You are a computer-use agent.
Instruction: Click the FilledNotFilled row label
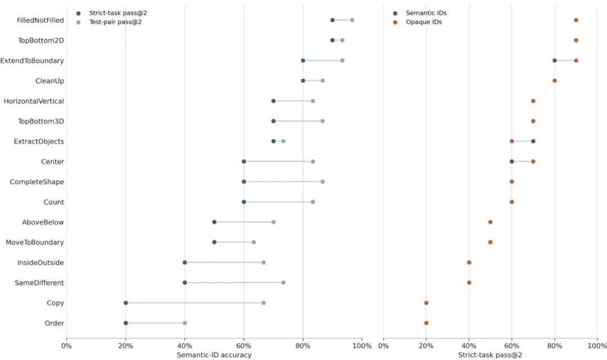coord(40,20)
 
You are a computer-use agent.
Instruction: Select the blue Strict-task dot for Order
coord(125,323)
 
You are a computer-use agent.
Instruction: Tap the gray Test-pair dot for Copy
coord(264,303)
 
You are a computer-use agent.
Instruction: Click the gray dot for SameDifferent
coord(283,282)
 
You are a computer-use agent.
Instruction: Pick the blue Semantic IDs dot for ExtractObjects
coord(533,141)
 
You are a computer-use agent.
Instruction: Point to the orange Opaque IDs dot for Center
coord(533,162)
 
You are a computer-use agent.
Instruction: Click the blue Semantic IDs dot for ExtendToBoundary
coord(554,61)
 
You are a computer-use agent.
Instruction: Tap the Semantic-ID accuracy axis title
coord(214,355)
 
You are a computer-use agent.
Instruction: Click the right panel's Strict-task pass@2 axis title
coord(490,355)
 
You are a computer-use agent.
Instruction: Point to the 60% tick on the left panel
coord(243,346)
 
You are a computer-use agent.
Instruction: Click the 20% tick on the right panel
coord(426,346)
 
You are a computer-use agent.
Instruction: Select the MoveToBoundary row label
coord(35,243)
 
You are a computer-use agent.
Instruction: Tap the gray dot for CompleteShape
coord(323,182)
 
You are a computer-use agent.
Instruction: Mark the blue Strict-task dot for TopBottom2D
coord(332,40)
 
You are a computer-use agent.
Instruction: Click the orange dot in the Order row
coord(426,323)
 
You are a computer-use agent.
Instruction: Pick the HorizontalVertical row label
coord(34,101)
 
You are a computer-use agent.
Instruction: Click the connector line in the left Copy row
coord(194,303)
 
